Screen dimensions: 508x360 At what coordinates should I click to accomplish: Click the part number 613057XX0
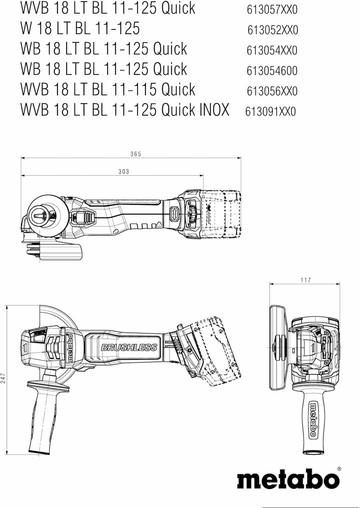[272, 10]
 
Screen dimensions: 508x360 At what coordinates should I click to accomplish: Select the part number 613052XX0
[272, 30]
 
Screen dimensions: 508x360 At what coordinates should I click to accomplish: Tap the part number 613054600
[272, 71]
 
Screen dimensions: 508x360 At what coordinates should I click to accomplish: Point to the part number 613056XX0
[272, 91]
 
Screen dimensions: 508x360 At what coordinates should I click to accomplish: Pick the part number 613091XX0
[270, 111]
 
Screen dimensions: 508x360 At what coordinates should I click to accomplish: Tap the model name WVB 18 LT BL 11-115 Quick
[107, 90]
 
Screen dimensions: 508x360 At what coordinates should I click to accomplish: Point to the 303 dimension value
[124, 172]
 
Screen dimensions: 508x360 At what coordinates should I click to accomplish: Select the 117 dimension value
[306, 280]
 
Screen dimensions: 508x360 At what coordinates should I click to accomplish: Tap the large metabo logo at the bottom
[288, 479]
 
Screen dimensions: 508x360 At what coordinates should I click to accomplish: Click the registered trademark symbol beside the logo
[338, 469]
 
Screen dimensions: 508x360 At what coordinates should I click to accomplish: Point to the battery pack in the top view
[220, 214]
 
